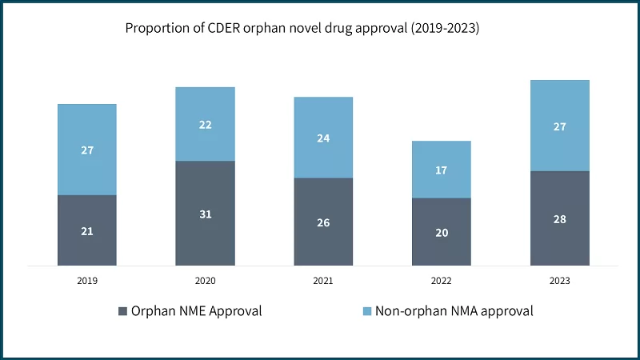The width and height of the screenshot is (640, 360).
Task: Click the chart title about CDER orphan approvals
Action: pyautogui.click(x=302, y=28)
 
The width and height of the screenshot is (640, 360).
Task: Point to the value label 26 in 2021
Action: pyautogui.click(x=323, y=222)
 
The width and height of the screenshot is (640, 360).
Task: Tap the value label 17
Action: pyautogui.click(x=442, y=170)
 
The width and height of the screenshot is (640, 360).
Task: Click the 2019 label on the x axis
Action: pyautogui.click(x=87, y=281)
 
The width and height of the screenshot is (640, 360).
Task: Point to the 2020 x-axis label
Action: pyautogui.click(x=205, y=281)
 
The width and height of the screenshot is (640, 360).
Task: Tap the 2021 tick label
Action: pyautogui.click(x=323, y=281)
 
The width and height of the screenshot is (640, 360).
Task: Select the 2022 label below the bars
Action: pyautogui.click(x=442, y=281)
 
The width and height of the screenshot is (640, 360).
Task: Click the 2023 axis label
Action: pyautogui.click(x=560, y=281)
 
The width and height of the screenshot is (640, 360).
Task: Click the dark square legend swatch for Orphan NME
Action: pyautogui.click(x=123, y=310)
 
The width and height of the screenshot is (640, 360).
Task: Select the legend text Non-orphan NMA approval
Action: pyautogui.click(x=449, y=310)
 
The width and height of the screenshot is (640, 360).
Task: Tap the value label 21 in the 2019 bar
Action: pyautogui.click(x=87, y=231)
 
